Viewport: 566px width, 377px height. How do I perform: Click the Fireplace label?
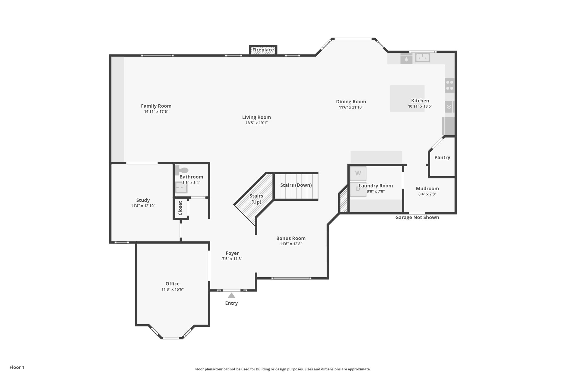tap(263, 50)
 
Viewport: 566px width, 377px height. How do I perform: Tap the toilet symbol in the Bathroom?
tap(182, 170)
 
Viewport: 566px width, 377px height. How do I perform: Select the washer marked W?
tap(358, 173)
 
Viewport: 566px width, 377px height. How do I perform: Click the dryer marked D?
tap(358, 189)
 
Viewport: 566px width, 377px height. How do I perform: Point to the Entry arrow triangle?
tap(231, 296)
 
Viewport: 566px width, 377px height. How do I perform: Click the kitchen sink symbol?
tap(422, 58)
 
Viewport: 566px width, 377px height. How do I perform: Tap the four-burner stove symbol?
tap(449, 85)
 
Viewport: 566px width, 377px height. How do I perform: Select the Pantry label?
tap(442, 157)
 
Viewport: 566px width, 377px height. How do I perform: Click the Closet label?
tap(180, 208)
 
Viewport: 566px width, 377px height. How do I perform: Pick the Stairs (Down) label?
tap(296, 185)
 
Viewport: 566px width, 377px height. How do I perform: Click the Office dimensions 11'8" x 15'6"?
tap(172, 289)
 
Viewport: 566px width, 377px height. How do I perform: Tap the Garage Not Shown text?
tap(417, 217)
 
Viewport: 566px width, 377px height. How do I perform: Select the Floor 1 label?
tap(17, 367)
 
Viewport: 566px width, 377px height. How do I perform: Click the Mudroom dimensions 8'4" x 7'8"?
tap(427, 194)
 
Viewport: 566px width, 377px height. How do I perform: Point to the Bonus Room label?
tap(291, 238)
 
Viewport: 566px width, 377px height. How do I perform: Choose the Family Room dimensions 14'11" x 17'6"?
tap(156, 112)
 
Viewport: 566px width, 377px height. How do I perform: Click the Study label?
tap(143, 200)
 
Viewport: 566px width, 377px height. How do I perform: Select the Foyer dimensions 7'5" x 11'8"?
tap(232, 259)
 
